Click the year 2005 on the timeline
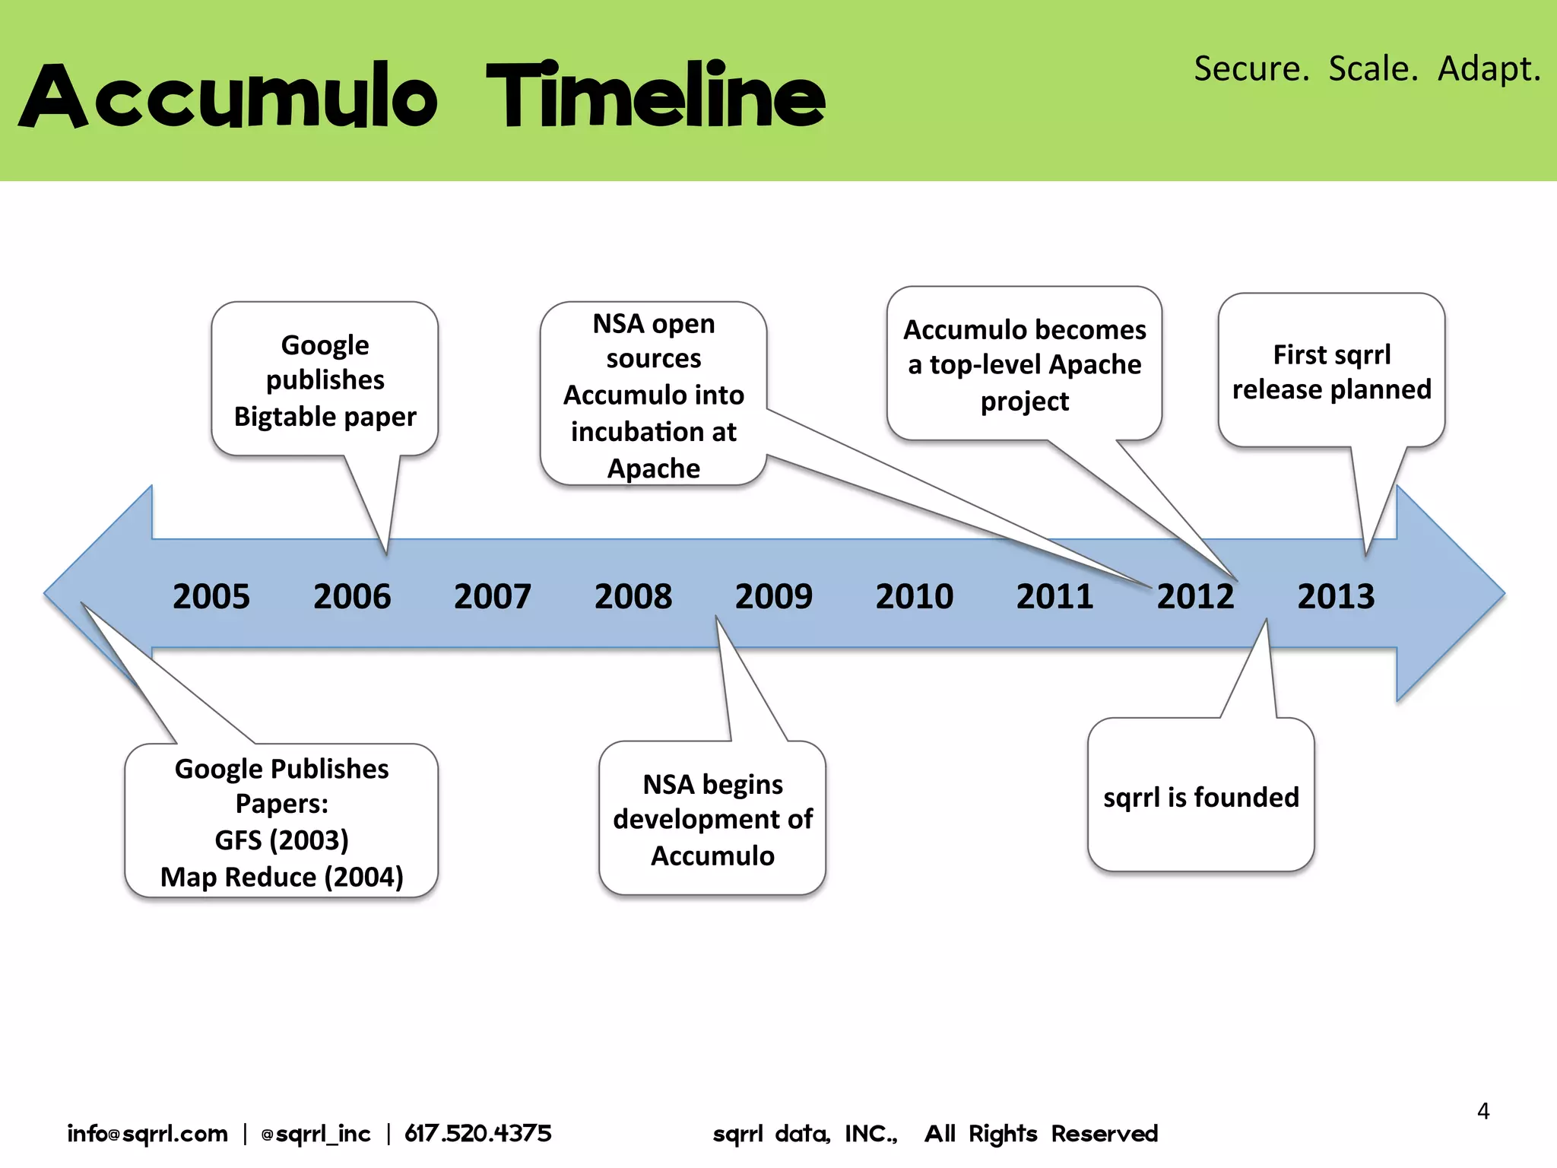[211, 596]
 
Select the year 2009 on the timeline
[773, 596]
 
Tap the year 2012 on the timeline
[1195, 596]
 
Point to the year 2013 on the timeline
[1336, 596]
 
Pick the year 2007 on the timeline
[492, 596]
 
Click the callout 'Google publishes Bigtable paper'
[325, 380]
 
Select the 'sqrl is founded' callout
[1200, 797]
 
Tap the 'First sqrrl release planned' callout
[1331, 372]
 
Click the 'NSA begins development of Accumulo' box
[712, 819]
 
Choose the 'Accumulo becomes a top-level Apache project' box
[1024, 365]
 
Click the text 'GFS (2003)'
[281, 840]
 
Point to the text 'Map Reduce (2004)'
[281, 877]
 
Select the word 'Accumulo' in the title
[228, 97]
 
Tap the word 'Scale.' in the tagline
[1373, 68]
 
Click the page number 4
[1482, 1111]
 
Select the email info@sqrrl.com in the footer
[147, 1134]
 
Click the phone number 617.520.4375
[477, 1134]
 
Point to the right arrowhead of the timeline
[1448, 594]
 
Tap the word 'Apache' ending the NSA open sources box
[653, 468]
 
